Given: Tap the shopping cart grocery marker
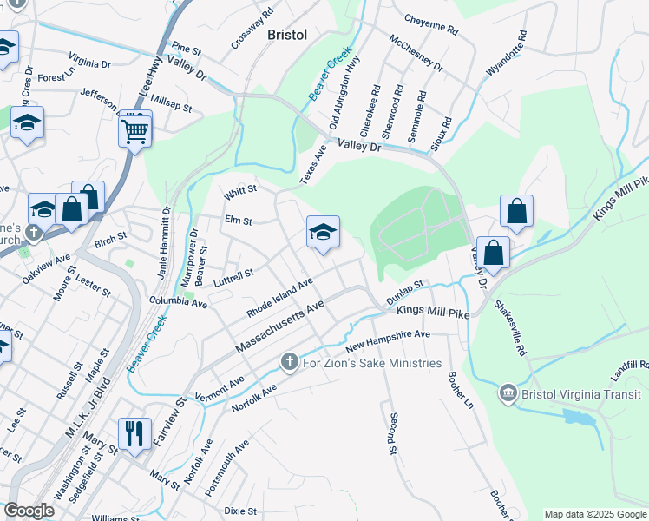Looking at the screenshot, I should pyautogui.click(x=134, y=131).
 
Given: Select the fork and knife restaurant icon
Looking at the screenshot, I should pyautogui.click(x=134, y=433).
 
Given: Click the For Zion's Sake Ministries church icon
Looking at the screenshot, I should pyautogui.click(x=290, y=361).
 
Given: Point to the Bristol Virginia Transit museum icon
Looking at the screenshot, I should pyautogui.click(x=507, y=394).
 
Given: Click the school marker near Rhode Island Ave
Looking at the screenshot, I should pyautogui.click(x=323, y=233).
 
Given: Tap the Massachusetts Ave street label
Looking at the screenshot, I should pyautogui.click(x=279, y=326).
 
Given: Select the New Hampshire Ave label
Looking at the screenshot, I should pyautogui.click(x=388, y=340).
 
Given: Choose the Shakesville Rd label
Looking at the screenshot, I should pyautogui.click(x=510, y=328).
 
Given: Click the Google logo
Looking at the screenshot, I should pyautogui.click(x=29, y=511).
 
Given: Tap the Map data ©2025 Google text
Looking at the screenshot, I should pyautogui.click(x=594, y=514).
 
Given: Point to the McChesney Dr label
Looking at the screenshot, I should pyautogui.click(x=416, y=54).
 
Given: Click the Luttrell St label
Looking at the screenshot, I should pyautogui.click(x=234, y=274).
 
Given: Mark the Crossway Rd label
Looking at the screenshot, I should pyautogui.click(x=252, y=28).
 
